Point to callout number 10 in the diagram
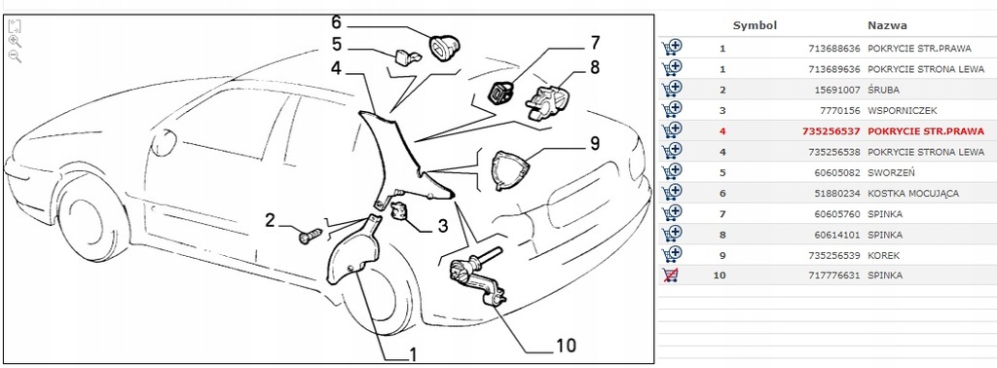565,346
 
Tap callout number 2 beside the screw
272,221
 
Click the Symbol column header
754,25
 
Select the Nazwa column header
886,25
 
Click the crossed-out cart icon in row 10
671,276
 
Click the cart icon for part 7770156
671,109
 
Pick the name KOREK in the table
883,255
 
